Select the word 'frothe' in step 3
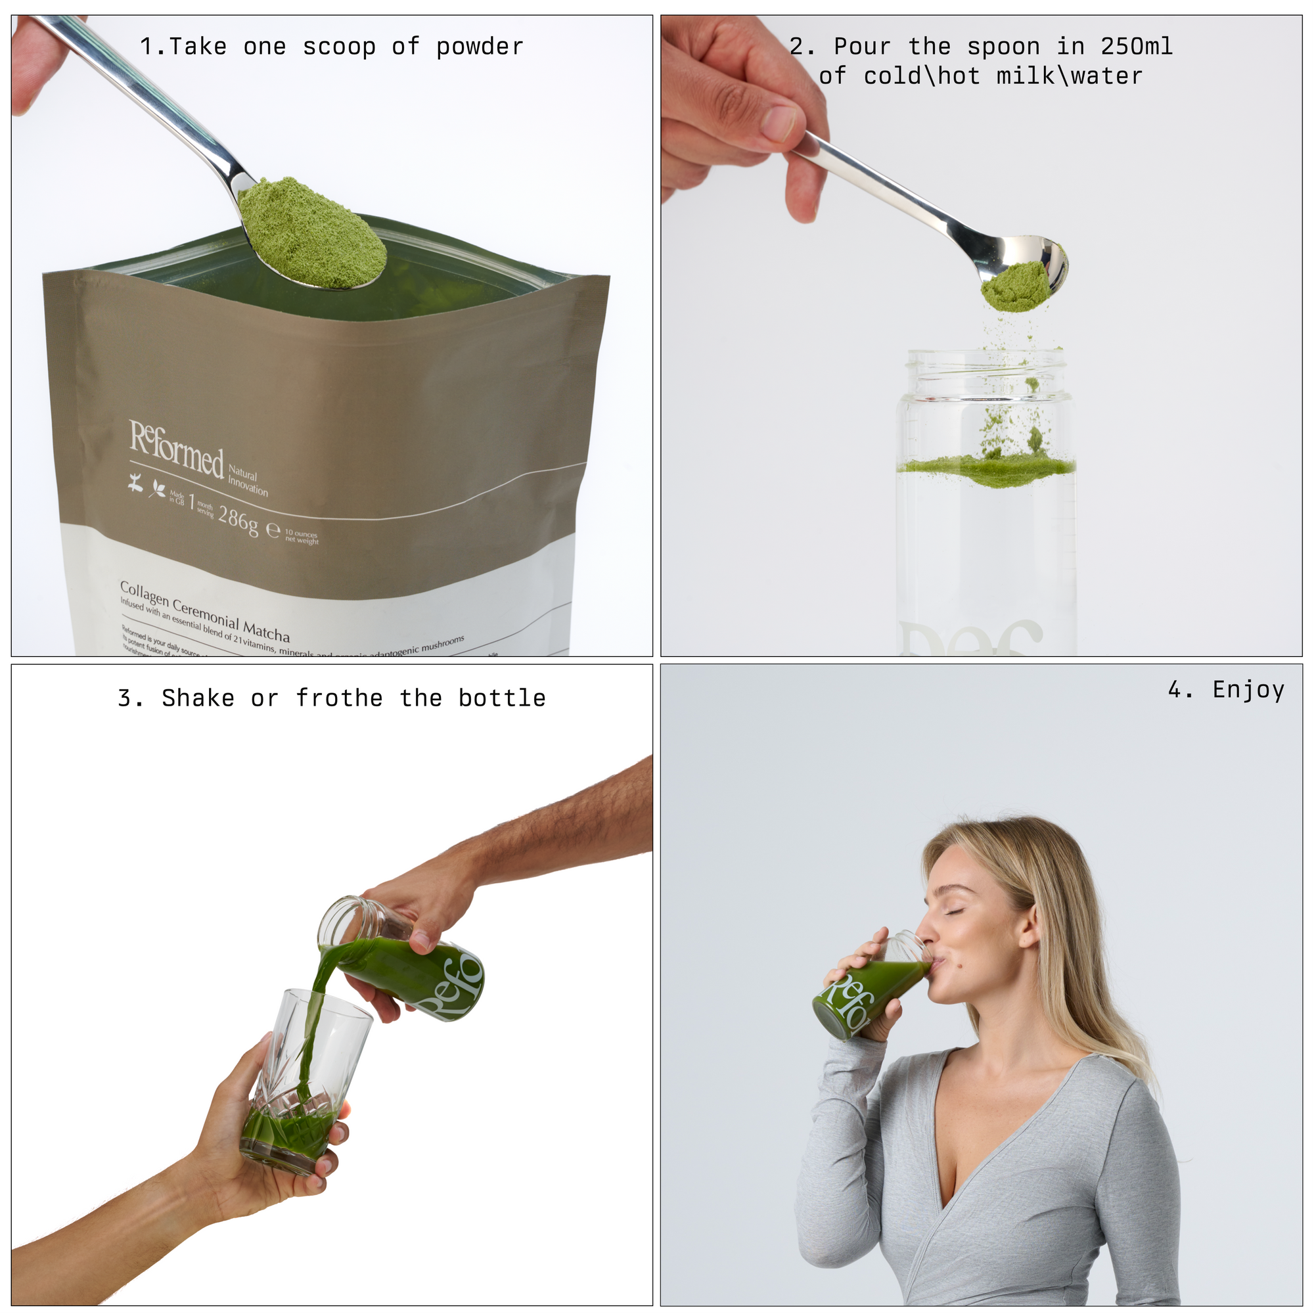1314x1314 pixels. (339, 698)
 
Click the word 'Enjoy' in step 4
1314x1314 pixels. (1248, 690)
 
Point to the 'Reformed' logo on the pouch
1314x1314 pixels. (176, 449)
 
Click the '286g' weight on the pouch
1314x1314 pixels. (238, 520)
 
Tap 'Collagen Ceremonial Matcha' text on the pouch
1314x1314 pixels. (205, 610)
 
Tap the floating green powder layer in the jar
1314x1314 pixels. (986, 468)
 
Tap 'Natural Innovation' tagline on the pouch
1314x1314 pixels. (247, 480)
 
